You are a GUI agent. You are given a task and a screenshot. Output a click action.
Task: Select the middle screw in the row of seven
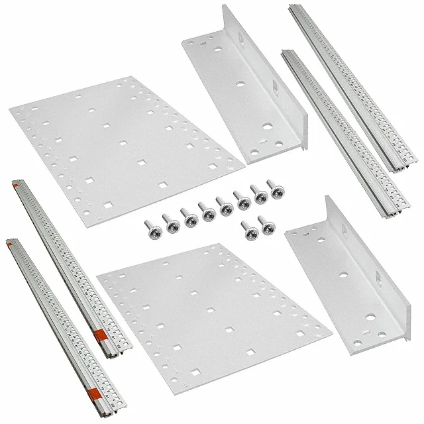(x=209, y=212)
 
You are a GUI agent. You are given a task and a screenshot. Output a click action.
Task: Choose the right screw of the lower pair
(x=268, y=225)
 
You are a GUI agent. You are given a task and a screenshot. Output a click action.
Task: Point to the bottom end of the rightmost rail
(x=399, y=167)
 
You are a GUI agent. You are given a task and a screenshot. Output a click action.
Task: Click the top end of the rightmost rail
(x=293, y=9)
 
